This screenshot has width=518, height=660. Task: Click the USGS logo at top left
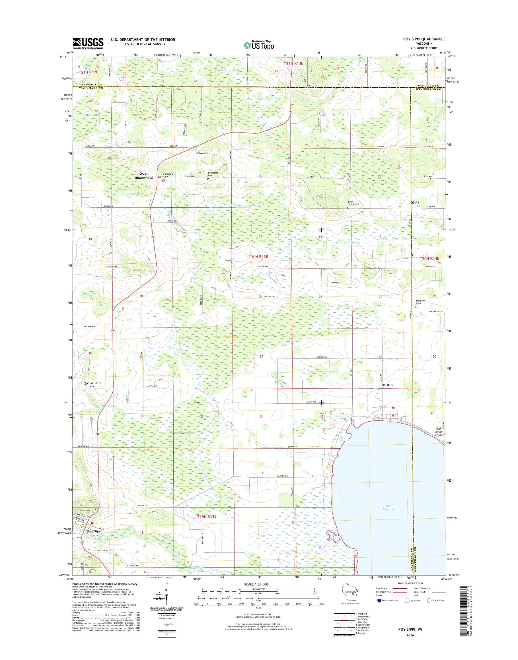click(88, 43)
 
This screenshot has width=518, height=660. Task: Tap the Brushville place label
click(93, 383)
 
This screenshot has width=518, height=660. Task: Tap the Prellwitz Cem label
click(420, 302)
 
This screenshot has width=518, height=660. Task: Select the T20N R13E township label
click(258, 257)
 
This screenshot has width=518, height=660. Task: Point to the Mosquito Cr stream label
click(228, 70)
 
